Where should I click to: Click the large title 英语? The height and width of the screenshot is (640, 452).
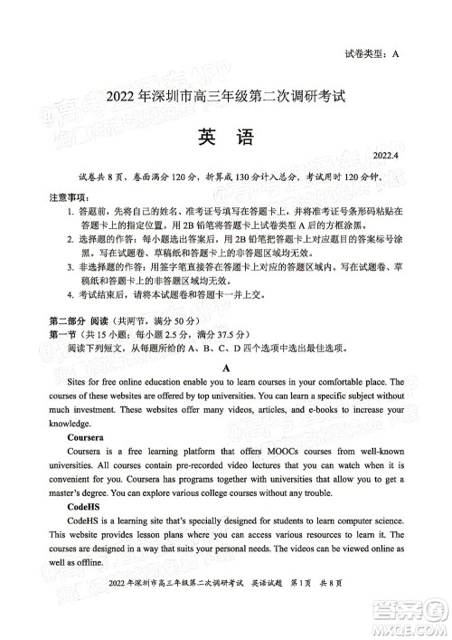226,136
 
